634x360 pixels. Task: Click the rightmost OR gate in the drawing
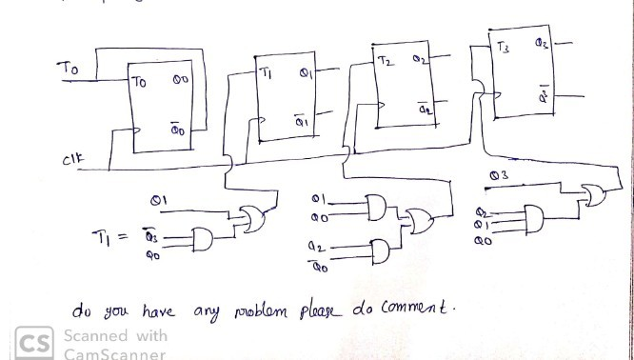597,194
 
